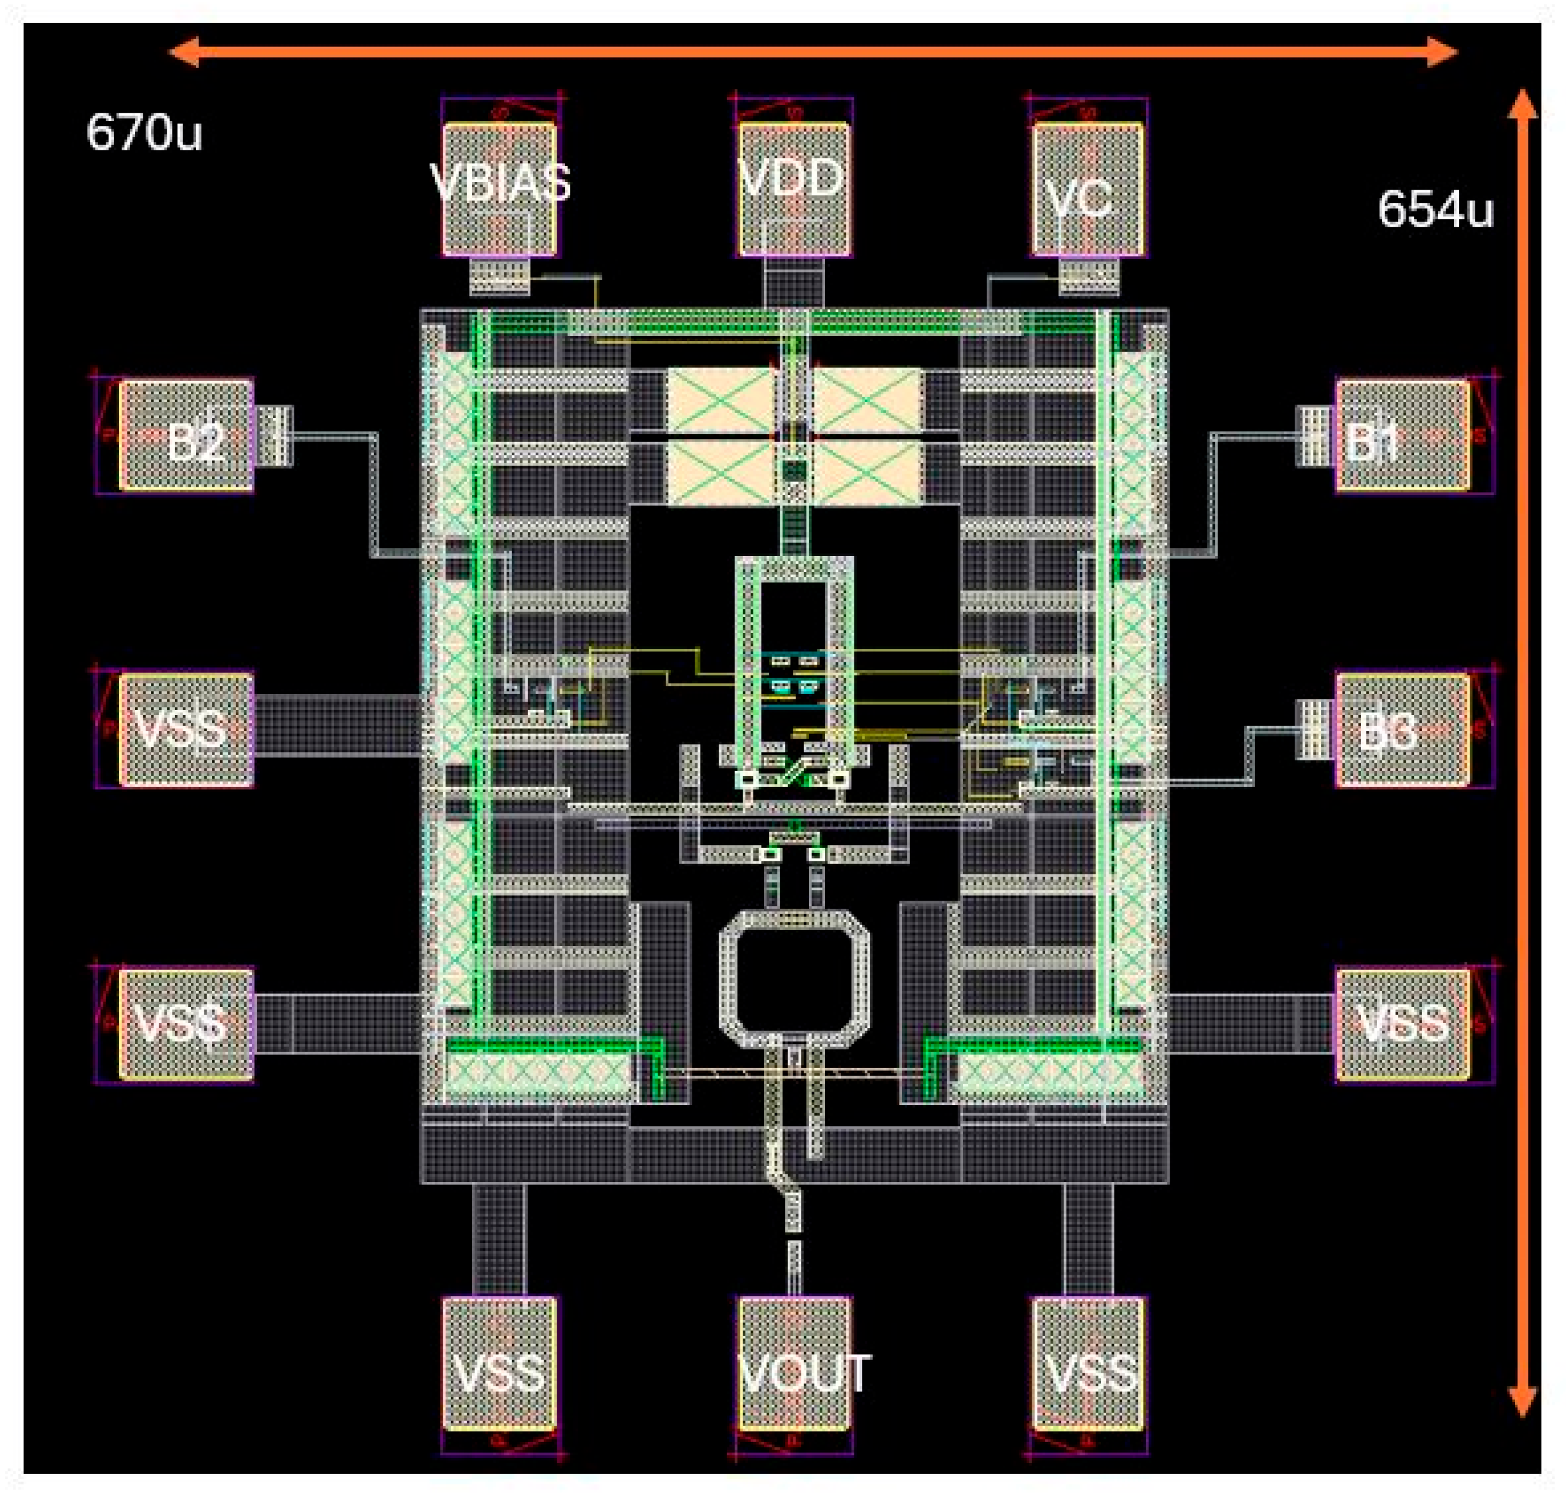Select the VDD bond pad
(x=793, y=190)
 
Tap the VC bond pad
(x=1087, y=190)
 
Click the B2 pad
(x=187, y=436)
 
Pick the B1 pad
(x=1402, y=436)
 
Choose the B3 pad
(x=1402, y=729)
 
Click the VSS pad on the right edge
(x=1402, y=1025)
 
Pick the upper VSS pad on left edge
(x=187, y=729)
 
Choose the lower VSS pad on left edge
(x=187, y=1025)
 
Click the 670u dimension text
(x=144, y=132)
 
